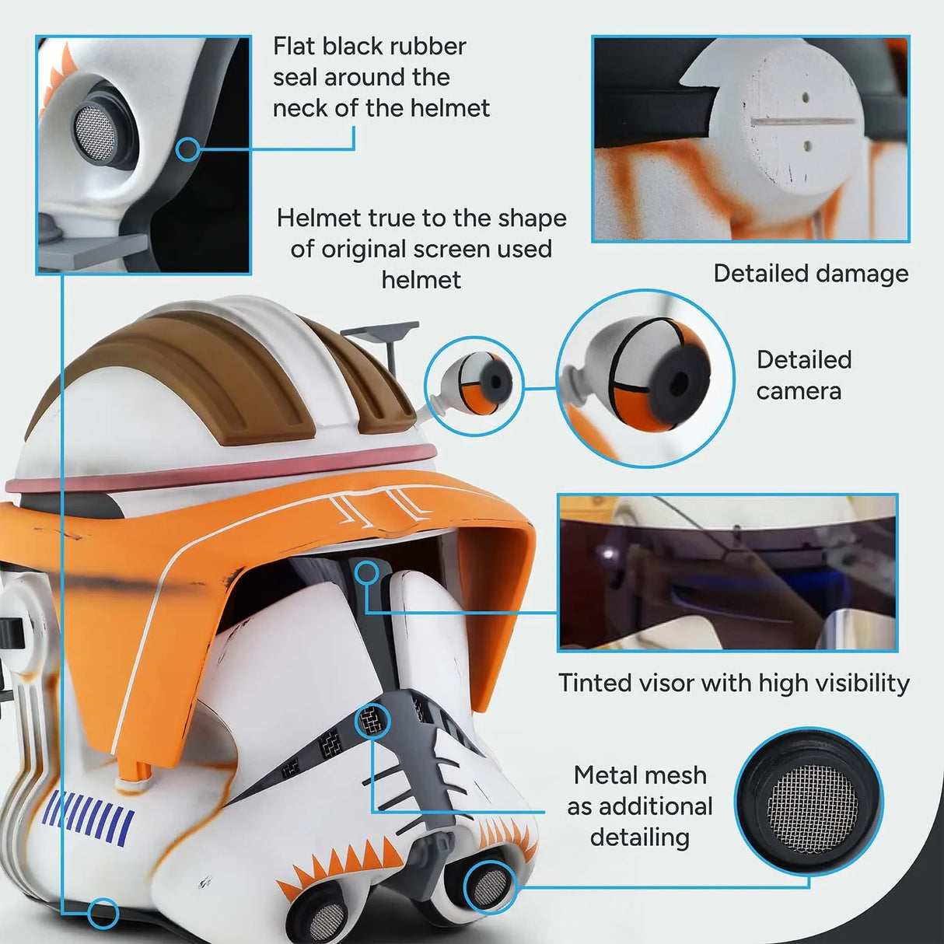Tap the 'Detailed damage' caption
[x=810, y=274]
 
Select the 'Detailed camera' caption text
[x=803, y=375]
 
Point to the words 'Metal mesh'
[x=639, y=775]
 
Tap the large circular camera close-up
[x=645, y=379]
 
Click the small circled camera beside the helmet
[x=474, y=386]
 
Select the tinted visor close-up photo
[x=728, y=572]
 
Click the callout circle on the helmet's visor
[x=366, y=574]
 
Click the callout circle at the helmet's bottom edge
[x=102, y=913]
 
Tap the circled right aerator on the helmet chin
[x=489, y=887]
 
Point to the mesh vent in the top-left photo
[x=93, y=124]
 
